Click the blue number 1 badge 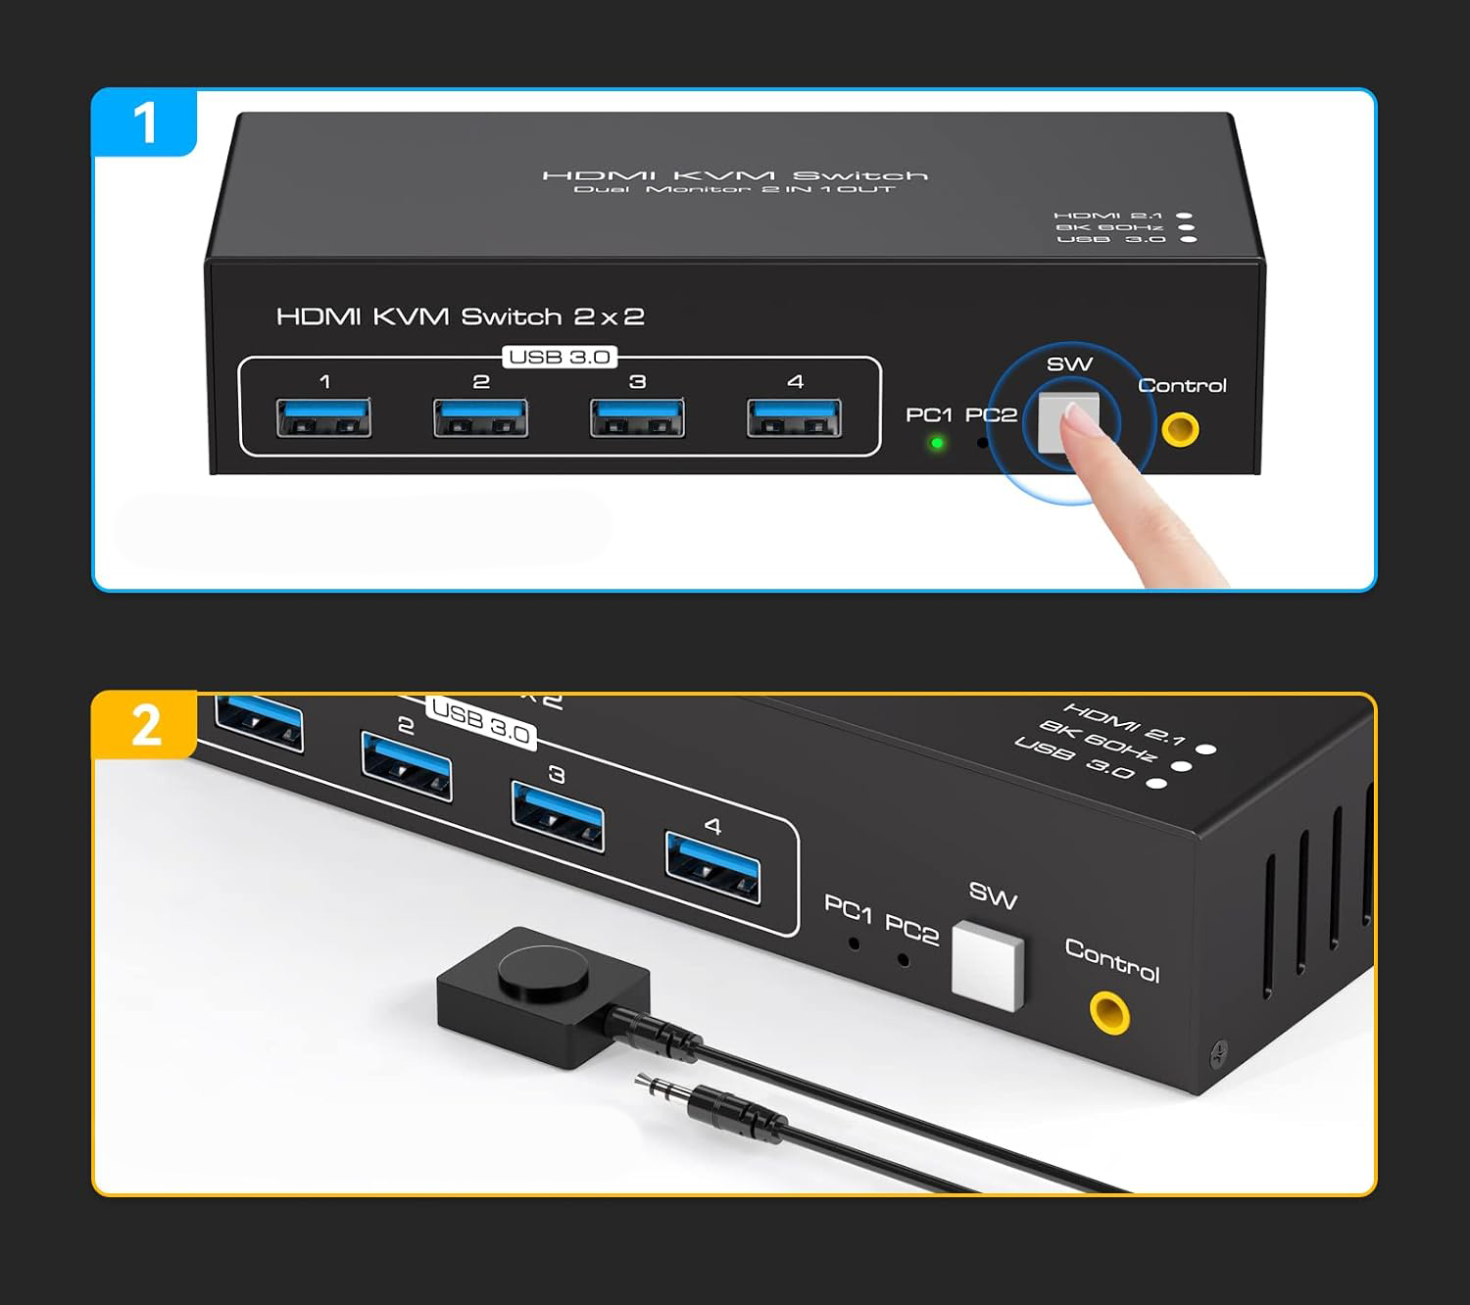(x=144, y=121)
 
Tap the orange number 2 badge (x=144, y=725)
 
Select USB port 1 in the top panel (x=323, y=417)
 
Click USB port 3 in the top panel (x=637, y=417)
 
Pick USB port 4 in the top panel (x=794, y=417)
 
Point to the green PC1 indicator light (x=937, y=443)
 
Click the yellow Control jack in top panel (x=1180, y=429)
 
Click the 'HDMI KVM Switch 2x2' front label (x=460, y=316)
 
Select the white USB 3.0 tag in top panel (x=560, y=357)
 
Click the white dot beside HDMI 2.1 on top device (x=1184, y=216)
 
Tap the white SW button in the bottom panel (x=988, y=965)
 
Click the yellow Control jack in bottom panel (x=1109, y=1013)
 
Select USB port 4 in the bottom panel (x=712, y=868)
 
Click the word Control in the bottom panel (x=1112, y=960)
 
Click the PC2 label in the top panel (x=991, y=415)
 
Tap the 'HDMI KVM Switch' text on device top (x=734, y=175)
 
